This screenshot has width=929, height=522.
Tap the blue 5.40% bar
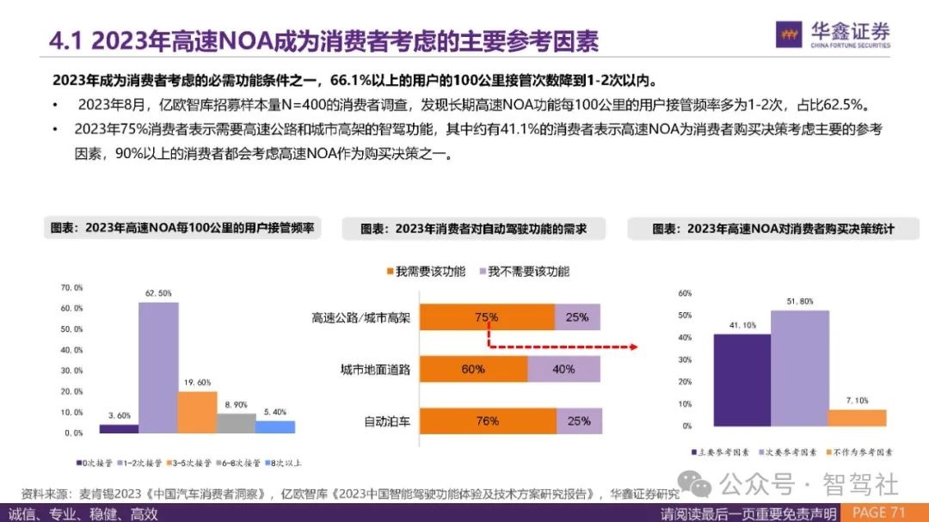pos(274,427)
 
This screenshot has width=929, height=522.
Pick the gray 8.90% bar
pos(236,423)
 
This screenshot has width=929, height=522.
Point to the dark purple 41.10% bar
pos(741,379)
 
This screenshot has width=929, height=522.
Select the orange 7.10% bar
pos(857,418)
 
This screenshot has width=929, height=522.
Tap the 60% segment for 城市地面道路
pos(472,370)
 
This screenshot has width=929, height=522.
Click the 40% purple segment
pos(563,370)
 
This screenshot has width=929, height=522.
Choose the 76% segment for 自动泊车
pos(486,421)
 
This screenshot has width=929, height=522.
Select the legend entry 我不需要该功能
pos(521,272)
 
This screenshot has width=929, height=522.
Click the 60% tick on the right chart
pos(686,293)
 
